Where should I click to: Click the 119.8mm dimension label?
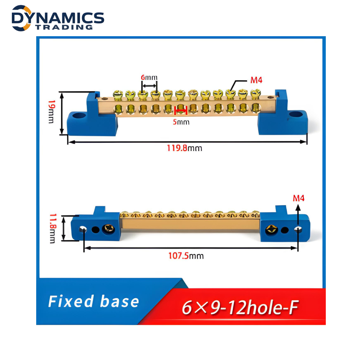(x=184, y=148)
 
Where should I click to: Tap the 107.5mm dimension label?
(x=186, y=256)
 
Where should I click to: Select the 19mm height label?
(x=51, y=112)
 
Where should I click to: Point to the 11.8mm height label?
(x=53, y=228)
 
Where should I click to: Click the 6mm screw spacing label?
(x=149, y=77)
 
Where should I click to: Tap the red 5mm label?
(x=181, y=122)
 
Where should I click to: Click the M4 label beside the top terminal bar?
(x=256, y=80)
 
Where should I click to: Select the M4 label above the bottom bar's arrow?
(x=298, y=198)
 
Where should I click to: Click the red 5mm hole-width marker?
(x=181, y=111)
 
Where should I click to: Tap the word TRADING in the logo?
(x=64, y=27)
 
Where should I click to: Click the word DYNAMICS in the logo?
(x=58, y=18)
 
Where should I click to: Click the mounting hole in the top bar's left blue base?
(x=77, y=115)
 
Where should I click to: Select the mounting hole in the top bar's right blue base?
(x=295, y=114)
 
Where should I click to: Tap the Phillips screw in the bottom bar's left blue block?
(x=108, y=229)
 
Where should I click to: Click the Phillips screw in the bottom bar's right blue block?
(x=271, y=230)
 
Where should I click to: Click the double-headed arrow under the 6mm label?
(x=149, y=86)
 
